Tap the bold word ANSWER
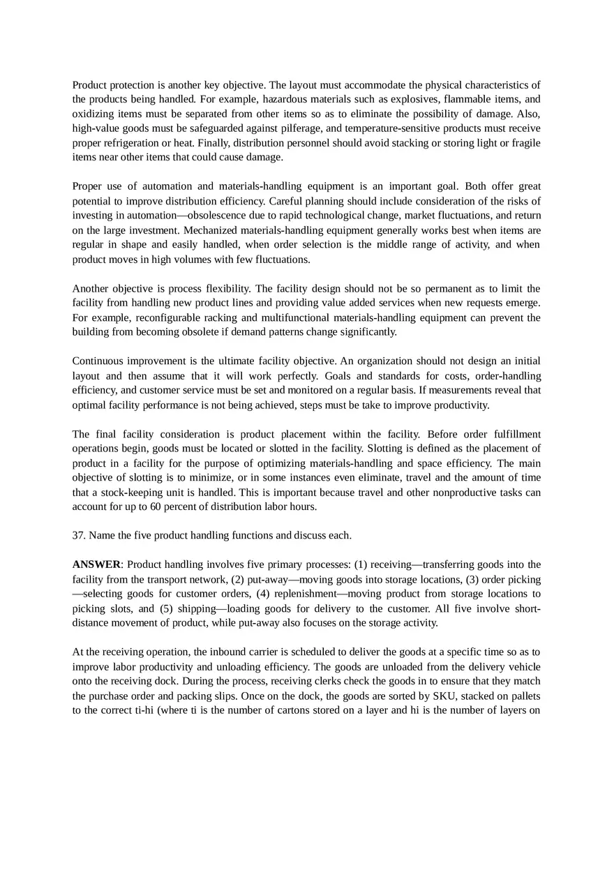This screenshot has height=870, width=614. [x=96, y=564]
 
